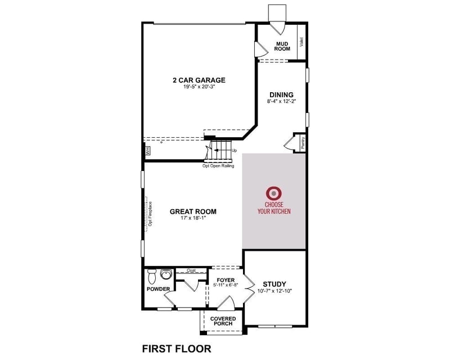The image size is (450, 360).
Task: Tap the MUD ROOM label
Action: [x=282, y=46]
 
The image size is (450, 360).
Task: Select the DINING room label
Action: [x=281, y=94]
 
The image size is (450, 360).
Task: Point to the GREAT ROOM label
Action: [x=193, y=212]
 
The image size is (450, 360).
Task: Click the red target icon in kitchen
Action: [x=274, y=193]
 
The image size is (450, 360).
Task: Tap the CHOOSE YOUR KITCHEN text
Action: [x=274, y=208]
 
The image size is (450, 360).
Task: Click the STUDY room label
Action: [x=274, y=283]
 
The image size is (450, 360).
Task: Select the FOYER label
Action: [x=226, y=280]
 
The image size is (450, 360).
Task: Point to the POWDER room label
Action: [x=159, y=289]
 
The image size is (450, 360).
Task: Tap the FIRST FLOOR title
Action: [x=177, y=349]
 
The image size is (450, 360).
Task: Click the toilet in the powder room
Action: [x=151, y=276]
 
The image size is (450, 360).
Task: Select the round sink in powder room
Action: [x=166, y=275]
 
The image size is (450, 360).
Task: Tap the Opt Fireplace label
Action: [x=151, y=214]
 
